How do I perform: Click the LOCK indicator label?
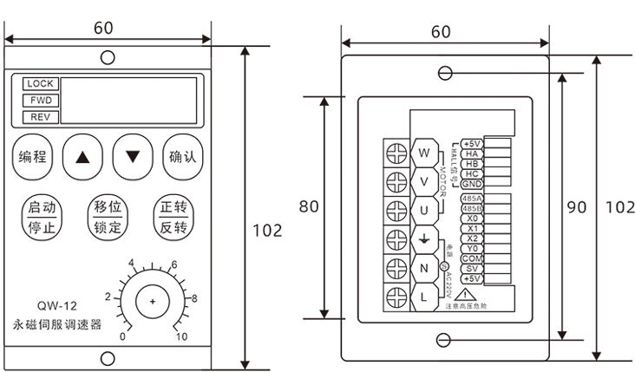[x=40, y=84]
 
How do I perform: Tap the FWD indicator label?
[x=40, y=101]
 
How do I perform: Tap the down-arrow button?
[x=132, y=157]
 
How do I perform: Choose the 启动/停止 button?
[x=42, y=218]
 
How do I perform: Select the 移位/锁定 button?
[x=108, y=218]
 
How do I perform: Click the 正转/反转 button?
[x=173, y=218]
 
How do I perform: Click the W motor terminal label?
[x=424, y=153]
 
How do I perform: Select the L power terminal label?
[x=424, y=297]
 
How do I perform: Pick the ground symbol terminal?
[x=424, y=239]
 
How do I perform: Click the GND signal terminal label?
[x=472, y=184]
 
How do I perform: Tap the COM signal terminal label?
[x=472, y=258]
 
